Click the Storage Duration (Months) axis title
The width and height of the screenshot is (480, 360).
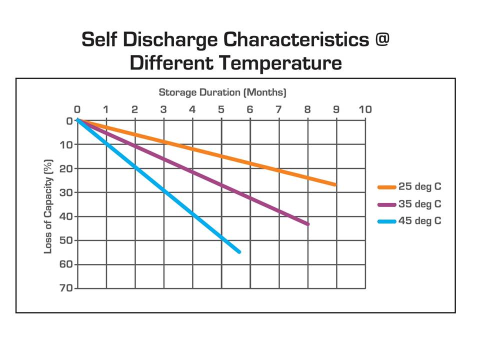point(222,92)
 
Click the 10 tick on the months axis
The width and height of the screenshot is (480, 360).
point(365,109)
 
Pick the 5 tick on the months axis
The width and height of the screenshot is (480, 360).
point(221,109)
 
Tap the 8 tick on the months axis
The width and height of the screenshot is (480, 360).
point(307,109)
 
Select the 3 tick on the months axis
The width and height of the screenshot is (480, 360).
point(163,109)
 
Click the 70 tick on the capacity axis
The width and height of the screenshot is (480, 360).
point(67,288)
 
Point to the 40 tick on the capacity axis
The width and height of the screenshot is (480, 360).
point(67,216)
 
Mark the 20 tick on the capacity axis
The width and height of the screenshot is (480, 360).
point(67,168)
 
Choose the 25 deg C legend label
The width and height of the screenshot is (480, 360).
point(420,187)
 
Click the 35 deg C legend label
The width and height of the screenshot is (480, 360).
point(420,204)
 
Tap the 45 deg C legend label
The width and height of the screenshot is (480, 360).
point(420,220)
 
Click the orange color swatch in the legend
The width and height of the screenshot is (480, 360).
point(386,187)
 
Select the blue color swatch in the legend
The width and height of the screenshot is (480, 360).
point(386,221)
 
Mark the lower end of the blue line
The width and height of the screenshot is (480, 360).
point(239,251)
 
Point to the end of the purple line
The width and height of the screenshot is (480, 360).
point(307,224)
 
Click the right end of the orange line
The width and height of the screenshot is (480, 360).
point(335,184)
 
